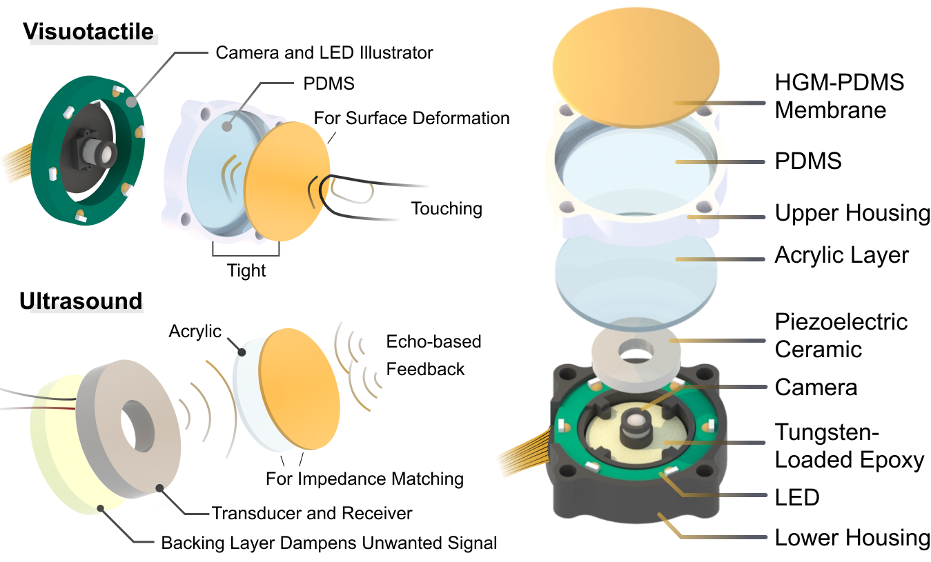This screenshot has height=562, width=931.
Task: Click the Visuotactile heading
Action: click(88, 32)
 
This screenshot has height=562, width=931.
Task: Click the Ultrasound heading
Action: click(81, 301)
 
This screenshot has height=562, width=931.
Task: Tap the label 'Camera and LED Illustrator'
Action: click(324, 52)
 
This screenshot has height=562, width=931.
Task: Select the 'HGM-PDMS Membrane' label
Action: click(839, 97)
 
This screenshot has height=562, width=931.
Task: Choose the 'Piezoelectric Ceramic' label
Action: click(841, 335)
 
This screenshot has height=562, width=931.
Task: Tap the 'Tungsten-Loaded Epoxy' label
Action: click(849, 446)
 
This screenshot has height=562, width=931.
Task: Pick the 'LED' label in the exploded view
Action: click(796, 496)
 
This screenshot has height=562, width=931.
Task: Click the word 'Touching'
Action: click(447, 208)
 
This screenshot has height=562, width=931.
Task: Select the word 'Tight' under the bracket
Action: click(246, 270)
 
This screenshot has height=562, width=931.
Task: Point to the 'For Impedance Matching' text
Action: click(364, 478)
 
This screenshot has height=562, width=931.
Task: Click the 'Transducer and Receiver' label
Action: click(312, 513)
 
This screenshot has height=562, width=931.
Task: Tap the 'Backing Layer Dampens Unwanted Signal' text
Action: click(329, 543)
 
